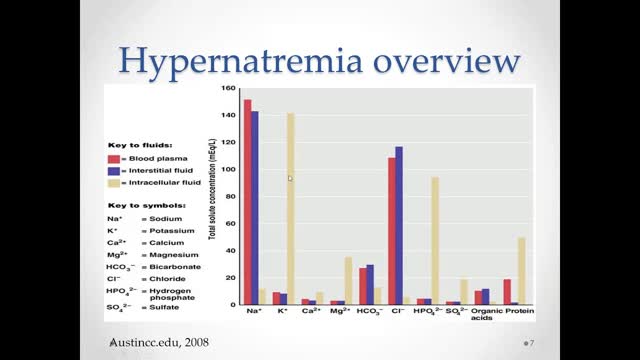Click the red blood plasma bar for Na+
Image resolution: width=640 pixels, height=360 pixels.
click(247, 200)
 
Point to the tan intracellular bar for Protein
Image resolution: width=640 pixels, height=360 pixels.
click(522, 270)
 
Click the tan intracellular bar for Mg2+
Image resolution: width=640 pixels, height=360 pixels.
click(348, 280)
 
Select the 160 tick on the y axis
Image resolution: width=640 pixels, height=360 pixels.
click(230, 89)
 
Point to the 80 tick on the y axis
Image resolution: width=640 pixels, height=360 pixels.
click(232, 196)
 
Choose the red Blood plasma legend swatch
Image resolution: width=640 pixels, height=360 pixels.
click(115, 159)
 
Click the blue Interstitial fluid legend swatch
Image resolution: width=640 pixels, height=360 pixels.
click(115, 171)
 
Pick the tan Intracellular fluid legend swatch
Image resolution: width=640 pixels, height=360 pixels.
click(115, 183)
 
